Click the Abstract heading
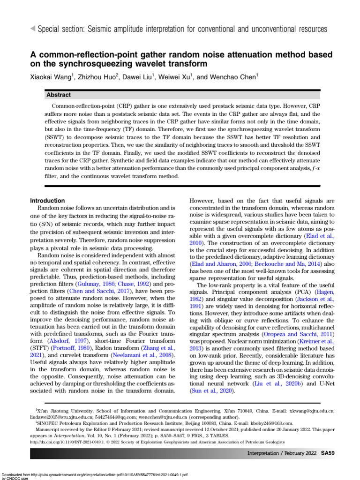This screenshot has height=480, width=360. (x=59, y=95)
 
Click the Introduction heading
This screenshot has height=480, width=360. (x=47, y=201)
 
